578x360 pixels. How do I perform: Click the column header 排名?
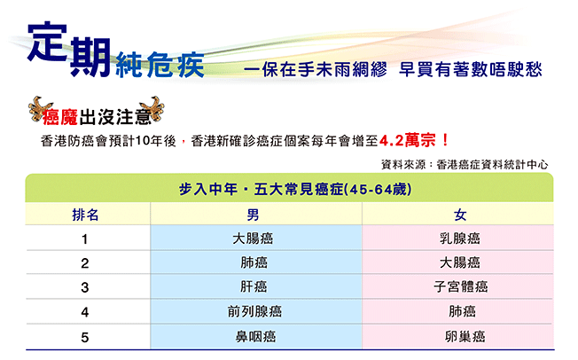[85, 215]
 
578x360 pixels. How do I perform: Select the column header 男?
[253, 215]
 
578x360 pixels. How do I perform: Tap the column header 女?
[460, 215]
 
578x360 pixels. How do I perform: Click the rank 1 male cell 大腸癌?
[253, 239]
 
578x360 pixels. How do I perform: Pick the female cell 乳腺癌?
[460, 239]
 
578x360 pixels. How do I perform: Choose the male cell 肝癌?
[254, 286]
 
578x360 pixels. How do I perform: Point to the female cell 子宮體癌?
[461, 286]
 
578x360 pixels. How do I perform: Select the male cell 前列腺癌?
[254, 312]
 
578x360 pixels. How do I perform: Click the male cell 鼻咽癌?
[255, 336]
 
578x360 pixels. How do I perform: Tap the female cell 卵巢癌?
[465, 336]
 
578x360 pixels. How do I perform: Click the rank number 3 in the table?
[85, 287]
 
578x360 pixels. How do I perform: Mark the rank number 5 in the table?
[85, 338]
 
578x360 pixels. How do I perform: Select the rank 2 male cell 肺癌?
[254, 262]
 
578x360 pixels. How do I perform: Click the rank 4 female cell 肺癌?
[462, 312]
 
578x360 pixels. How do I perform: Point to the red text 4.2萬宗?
[408, 140]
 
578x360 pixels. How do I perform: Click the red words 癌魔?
[60, 118]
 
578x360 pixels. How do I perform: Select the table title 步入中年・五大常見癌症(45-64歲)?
[295, 189]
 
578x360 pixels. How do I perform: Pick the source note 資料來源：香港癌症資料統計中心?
[465, 165]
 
